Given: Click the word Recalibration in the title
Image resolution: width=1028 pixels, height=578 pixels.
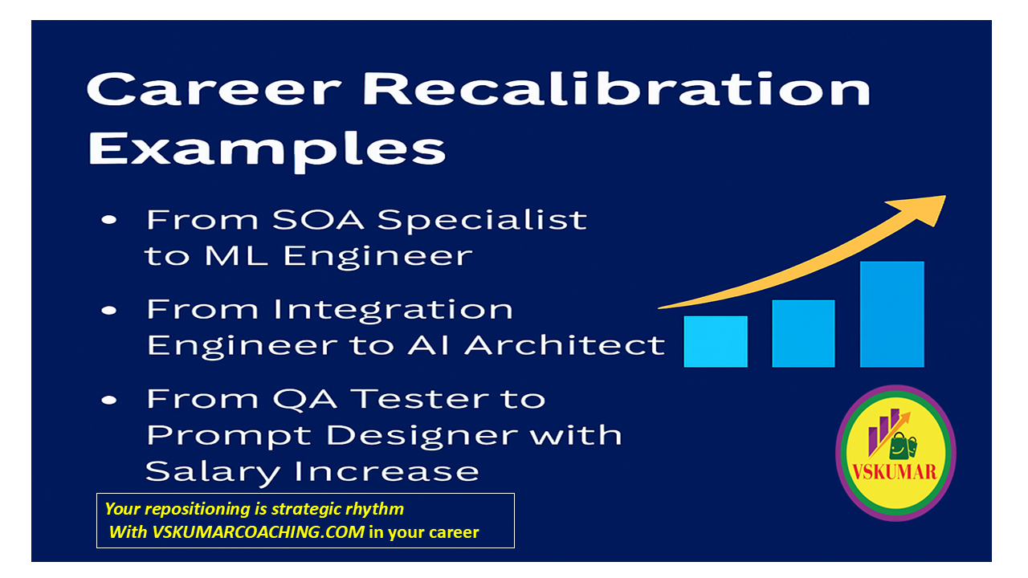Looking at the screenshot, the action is (x=616, y=89).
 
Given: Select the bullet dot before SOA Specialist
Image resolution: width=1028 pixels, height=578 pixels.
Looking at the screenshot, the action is (x=109, y=220).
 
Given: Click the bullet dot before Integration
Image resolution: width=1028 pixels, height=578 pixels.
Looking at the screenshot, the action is (x=109, y=311).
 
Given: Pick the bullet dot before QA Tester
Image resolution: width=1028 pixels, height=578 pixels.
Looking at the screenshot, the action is (x=109, y=401).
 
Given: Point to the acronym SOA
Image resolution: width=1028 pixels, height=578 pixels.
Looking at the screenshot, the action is (x=318, y=220).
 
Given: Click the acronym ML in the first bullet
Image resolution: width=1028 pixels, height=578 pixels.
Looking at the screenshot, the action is (x=236, y=255).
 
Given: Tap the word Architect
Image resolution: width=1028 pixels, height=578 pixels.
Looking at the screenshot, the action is (x=565, y=345).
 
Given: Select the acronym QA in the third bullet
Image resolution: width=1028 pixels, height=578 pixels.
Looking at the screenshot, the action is (x=304, y=399).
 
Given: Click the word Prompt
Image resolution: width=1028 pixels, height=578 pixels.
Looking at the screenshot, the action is (x=229, y=436).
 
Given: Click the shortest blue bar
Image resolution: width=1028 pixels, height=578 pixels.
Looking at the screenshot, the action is (x=716, y=341).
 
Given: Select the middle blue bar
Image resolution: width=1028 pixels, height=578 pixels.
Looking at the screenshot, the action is (x=803, y=333).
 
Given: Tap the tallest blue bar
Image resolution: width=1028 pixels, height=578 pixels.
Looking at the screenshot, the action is (x=891, y=314).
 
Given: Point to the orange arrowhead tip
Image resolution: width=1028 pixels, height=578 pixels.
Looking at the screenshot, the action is (x=945, y=197).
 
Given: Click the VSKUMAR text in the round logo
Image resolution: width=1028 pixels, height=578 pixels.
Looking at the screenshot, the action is (x=895, y=472).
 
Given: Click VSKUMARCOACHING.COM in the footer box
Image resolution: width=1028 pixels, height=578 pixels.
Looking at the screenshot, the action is (x=259, y=532).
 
